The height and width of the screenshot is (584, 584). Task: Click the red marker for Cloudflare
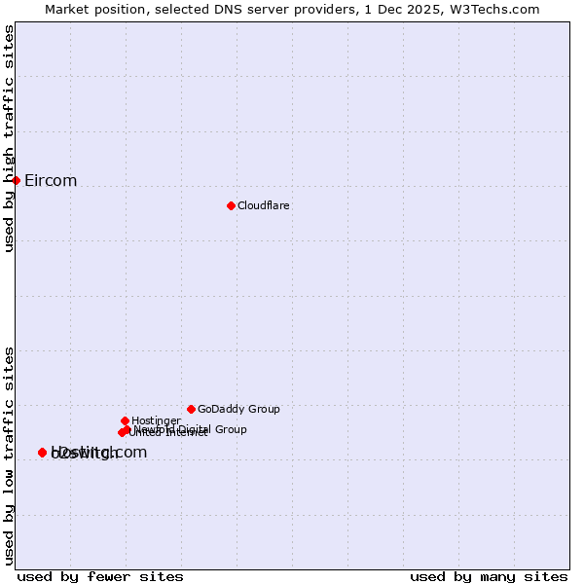pos(231,205)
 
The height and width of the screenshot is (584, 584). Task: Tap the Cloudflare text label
pos(264,205)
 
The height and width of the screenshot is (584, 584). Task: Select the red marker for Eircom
pos(17,180)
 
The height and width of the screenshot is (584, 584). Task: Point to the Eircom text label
pos(51,181)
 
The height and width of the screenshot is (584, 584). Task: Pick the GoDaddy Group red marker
pos(191,409)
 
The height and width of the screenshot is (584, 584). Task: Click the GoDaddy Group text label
pos(238,409)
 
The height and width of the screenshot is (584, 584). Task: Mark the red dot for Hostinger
pos(125,420)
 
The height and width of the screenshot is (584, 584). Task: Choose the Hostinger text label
pos(156,420)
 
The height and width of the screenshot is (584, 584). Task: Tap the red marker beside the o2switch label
pos(42,453)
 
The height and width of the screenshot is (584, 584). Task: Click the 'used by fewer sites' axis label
pos(100,577)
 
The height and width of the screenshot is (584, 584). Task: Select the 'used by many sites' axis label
pos(489,577)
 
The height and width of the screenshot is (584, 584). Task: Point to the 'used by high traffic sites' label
pos(10,139)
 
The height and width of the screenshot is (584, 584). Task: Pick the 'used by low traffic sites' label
pos(10,456)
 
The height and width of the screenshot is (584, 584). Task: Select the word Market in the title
pos(66,9)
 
